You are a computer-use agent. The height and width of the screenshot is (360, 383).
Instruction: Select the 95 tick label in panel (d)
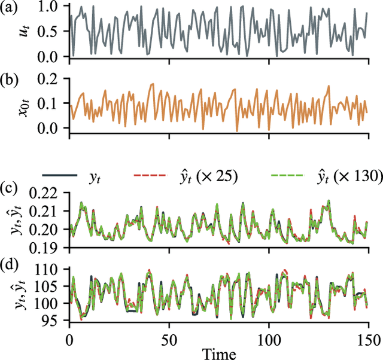[56, 321]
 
